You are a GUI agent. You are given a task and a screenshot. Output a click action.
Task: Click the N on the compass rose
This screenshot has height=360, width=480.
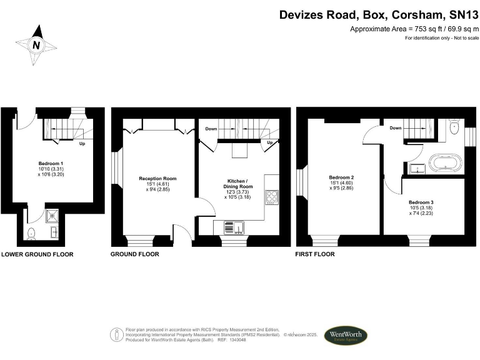[36, 45]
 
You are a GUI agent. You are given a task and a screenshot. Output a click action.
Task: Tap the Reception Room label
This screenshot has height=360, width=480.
[157, 182]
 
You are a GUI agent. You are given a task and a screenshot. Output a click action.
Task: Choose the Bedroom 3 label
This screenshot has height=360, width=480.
[421, 207]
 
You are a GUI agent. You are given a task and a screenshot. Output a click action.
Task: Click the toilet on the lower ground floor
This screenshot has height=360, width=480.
[32, 232]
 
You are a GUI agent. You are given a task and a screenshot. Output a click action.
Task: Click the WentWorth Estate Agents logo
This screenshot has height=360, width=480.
[345, 336]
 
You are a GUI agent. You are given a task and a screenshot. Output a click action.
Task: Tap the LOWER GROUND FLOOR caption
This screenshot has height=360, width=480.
[37, 254]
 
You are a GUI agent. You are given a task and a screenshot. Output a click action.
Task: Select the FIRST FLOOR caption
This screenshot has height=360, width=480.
[316, 254]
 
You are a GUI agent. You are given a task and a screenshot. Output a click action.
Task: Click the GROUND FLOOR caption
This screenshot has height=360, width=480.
[134, 254]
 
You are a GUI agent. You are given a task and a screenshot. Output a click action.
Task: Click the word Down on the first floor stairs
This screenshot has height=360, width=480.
[395, 128]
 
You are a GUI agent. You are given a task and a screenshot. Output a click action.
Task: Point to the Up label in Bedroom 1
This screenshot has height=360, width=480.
[82, 144]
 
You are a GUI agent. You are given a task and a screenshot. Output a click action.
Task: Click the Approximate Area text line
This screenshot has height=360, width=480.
[413, 29]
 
